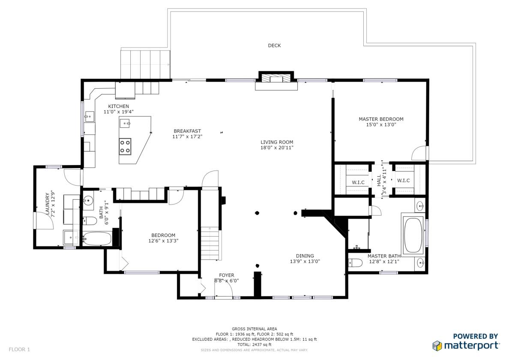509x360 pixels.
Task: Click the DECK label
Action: click(x=274, y=45)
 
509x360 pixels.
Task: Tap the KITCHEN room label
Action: click(x=119, y=106)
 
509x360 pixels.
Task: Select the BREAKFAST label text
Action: click(x=187, y=131)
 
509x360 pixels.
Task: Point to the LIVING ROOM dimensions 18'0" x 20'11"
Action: click(x=277, y=148)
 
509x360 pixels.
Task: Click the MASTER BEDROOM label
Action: click(x=381, y=119)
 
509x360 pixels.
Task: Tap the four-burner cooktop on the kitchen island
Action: click(x=125, y=146)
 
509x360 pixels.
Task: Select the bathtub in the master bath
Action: click(x=413, y=235)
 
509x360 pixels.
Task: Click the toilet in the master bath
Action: click(x=355, y=263)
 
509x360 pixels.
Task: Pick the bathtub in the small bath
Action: click(x=97, y=239)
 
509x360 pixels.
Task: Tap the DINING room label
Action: click(x=305, y=256)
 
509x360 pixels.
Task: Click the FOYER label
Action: click(x=227, y=275)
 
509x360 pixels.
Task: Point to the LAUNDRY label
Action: click(x=48, y=204)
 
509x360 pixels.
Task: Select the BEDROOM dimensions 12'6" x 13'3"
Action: click(x=163, y=241)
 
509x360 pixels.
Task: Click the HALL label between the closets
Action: click(x=379, y=180)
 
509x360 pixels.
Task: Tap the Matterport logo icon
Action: click(x=437, y=346)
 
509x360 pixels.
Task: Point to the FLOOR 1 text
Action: click(x=19, y=350)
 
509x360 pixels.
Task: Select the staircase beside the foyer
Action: click(x=211, y=243)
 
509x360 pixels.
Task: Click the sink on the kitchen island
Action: click(x=125, y=123)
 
